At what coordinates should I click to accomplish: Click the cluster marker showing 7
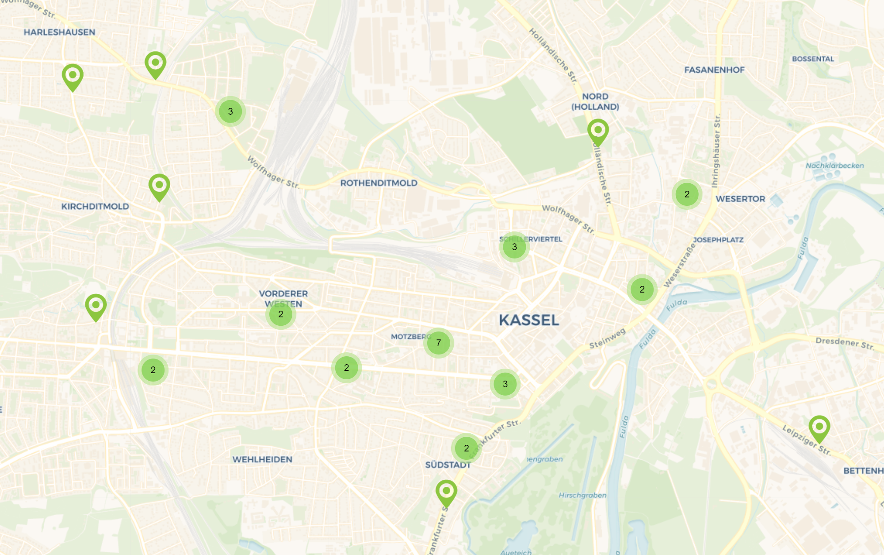click(x=438, y=343)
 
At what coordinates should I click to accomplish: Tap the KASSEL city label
click(x=529, y=320)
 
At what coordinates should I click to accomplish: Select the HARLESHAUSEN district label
click(x=59, y=32)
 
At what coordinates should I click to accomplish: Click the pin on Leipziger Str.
click(x=819, y=428)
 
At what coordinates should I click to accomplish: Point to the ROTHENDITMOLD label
click(x=379, y=183)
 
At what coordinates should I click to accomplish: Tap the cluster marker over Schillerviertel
click(x=514, y=247)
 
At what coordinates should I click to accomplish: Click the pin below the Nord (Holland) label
click(x=598, y=131)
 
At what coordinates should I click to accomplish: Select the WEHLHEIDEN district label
click(x=262, y=459)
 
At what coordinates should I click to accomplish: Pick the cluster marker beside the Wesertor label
click(x=687, y=194)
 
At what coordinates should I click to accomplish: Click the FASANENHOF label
click(x=714, y=70)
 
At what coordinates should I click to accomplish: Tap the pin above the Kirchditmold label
click(x=159, y=186)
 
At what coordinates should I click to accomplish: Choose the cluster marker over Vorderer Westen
click(x=281, y=314)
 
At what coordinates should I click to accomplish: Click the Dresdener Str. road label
click(x=845, y=343)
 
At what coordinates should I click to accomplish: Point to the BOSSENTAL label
click(x=813, y=59)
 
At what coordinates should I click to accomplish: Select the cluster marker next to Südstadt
click(x=466, y=448)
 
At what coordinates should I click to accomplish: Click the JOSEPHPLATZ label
click(x=718, y=240)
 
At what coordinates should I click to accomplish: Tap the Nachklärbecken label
click(x=834, y=166)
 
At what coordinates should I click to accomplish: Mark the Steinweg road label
click(x=607, y=339)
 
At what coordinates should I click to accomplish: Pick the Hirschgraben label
click(x=582, y=495)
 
